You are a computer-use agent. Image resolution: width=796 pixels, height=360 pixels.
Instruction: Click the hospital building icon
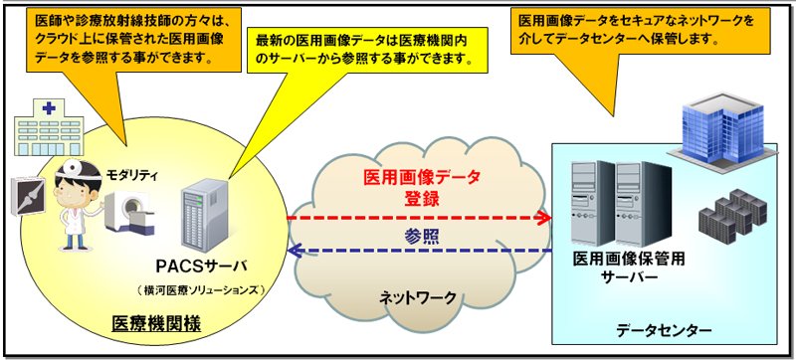pyautogui.click(x=49, y=127)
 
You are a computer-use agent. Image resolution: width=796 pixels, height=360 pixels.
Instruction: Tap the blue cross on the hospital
pyautogui.click(x=49, y=108)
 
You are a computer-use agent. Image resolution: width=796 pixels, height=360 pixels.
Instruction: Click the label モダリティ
pyautogui.click(x=131, y=176)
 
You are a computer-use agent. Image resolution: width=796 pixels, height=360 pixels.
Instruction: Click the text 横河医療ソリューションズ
pyautogui.click(x=201, y=290)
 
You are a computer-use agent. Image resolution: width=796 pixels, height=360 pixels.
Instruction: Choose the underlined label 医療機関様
pyautogui.click(x=156, y=322)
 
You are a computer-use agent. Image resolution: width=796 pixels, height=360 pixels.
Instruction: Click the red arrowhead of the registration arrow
pyautogui.click(x=544, y=218)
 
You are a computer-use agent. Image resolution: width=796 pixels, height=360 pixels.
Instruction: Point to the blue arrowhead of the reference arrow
pyautogui.click(x=294, y=251)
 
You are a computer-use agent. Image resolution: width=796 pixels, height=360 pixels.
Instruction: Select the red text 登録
pyautogui.click(x=422, y=199)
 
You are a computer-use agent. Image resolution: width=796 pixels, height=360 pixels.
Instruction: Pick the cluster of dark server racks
pyautogui.click(x=732, y=215)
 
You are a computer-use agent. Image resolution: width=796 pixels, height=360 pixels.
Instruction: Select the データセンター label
pyautogui.click(x=664, y=331)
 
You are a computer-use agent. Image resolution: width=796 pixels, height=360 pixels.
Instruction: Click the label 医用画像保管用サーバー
pyautogui.click(x=629, y=269)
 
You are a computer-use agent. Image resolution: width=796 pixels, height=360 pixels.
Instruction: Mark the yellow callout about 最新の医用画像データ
pyautogui.click(x=367, y=52)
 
